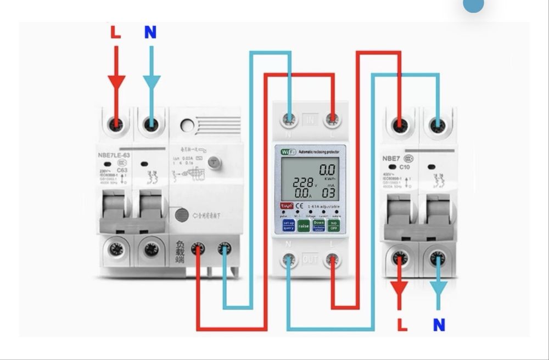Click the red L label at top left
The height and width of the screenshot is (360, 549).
[x=115, y=32]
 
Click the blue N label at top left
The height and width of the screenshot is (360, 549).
[x=150, y=32]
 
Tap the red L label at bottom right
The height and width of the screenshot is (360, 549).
[x=402, y=325]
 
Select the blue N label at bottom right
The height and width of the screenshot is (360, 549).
[x=439, y=325]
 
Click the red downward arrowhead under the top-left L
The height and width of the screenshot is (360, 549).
[x=116, y=82]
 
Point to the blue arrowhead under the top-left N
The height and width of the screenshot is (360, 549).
[x=152, y=82]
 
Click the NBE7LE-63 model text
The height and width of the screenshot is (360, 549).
[x=114, y=155]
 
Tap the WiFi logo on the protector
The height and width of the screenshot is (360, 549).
[x=288, y=152]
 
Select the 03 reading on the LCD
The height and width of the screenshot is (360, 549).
[x=328, y=193]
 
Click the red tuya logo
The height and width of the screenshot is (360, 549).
[x=287, y=206]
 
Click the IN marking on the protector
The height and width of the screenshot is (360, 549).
[x=310, y=119]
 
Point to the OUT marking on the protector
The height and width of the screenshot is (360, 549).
[x=310, y=260]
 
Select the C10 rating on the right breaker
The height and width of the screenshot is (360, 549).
[x=405, y=167]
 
